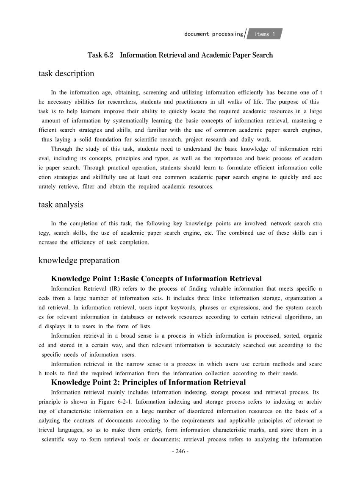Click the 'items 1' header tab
[x=265, y=34]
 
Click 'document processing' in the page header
[x=213, y=34]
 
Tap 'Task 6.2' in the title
[x=100, y=55]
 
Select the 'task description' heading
[x=66, y=73]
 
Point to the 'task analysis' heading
[x=61, y=205]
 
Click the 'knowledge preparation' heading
[x=79, y=260]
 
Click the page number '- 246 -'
[x=180, y=451]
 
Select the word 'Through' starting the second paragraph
[x=61, y=149]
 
